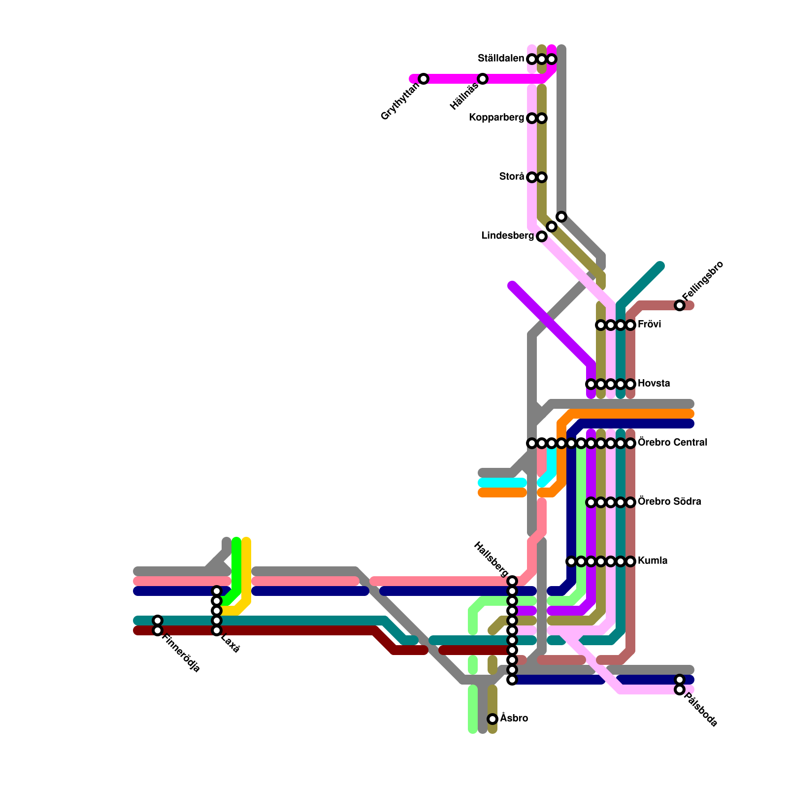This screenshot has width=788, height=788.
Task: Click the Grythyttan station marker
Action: [424, 79]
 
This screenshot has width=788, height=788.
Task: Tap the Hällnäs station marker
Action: [483, 79]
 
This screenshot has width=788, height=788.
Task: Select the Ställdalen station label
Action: [501, 59]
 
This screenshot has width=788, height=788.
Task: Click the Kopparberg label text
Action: [496, 118]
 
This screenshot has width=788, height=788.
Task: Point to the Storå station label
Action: [512, 176]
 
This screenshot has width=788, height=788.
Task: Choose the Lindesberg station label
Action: [507, 236]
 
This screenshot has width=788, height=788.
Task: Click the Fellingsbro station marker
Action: [680, 305]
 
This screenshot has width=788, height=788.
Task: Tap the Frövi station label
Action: [650, 325]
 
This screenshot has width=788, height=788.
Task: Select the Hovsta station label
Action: [654, 383]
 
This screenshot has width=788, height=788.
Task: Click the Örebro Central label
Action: [673, 442]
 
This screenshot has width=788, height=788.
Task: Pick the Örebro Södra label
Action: [669, 501]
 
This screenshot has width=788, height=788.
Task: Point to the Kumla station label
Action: [653, 560]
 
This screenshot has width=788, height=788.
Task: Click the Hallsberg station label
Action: [491, 559]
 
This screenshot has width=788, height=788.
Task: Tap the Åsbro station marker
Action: [492, 719]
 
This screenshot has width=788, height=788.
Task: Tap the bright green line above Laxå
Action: [236, 566]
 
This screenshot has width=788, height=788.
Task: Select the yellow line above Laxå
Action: [246, 566]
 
